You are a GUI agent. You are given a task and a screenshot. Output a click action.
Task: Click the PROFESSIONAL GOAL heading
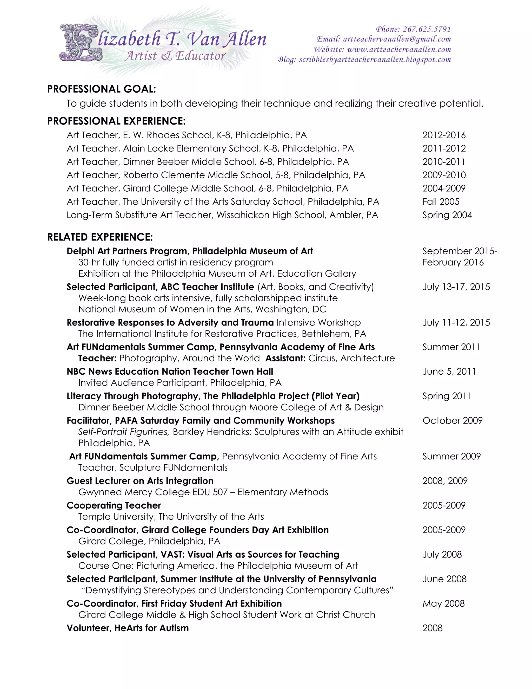[102, 89]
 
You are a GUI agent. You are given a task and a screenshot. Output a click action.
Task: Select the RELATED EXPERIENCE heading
[100, 237]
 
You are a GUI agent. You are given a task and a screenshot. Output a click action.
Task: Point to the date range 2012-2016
[444, 135]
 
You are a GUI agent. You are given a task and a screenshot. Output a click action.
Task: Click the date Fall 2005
[441, 201]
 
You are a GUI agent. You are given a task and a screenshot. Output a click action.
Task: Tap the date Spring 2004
[447, 215]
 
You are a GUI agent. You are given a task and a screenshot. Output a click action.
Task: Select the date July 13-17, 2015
[456, 287]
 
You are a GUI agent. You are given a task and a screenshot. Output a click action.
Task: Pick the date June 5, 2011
[449, 372]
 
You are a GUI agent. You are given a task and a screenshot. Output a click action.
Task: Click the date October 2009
[452, 420]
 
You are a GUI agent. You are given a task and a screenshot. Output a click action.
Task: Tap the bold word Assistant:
[285, 358]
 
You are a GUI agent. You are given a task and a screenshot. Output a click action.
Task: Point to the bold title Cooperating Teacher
[114, 505]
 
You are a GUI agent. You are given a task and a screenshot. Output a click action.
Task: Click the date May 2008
[443, 603]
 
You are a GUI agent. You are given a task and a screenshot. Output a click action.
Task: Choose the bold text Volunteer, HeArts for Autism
[128, 628]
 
